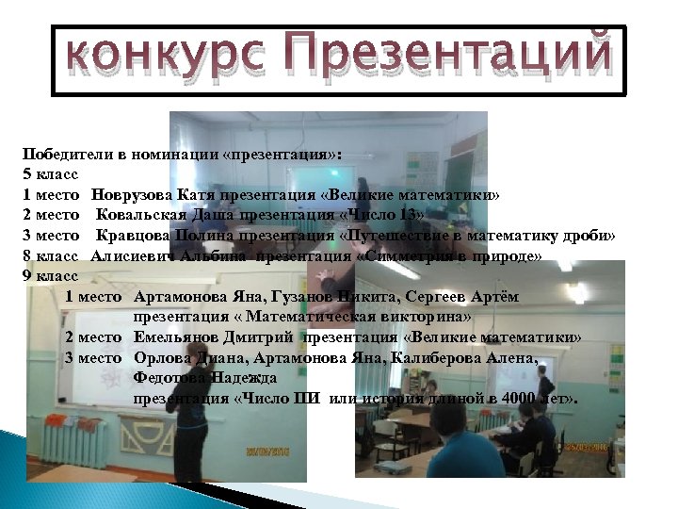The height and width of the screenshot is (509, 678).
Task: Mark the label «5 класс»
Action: coord(50,175)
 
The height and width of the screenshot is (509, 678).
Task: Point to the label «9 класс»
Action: coord(50,275)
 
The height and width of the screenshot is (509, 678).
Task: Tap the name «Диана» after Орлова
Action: coord(208,358)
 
